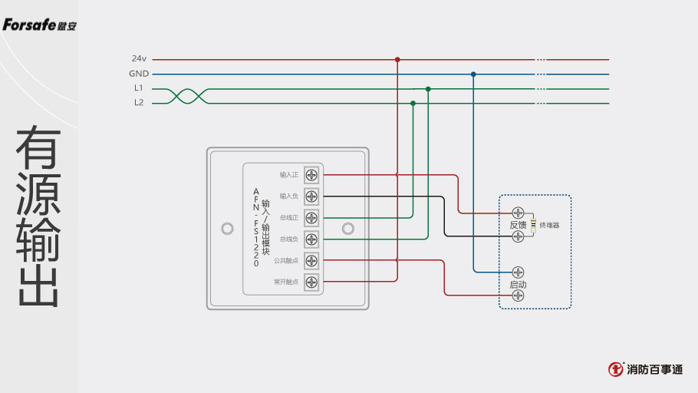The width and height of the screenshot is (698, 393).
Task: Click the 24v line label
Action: (139, 58)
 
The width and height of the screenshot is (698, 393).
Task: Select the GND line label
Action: (139, 74)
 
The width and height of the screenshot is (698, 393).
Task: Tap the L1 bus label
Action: (139, 88)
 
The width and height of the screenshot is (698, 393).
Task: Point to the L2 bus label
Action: (139, 103)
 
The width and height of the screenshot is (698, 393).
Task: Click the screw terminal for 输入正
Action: (312, 174)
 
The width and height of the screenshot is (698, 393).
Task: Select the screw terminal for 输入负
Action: (312, 196)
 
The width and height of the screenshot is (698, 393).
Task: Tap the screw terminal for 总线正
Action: (312, 217)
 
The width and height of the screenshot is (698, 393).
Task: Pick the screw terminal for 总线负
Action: (312, 239)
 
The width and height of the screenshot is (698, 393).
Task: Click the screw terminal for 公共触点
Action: (312, 260)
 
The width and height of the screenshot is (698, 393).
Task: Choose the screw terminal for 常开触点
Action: (312, 282)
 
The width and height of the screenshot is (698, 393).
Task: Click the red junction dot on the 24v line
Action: (397, 59)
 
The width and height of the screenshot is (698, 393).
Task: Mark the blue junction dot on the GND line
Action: (473, 74)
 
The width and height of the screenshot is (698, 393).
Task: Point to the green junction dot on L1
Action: (428, 89)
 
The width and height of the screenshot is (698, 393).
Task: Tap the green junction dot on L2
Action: (413, 103)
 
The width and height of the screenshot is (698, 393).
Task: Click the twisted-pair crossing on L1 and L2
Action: (189, 96)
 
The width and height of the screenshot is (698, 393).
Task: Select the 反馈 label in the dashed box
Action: (518, 225)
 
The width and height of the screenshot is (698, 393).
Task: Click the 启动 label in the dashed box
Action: (518, 285)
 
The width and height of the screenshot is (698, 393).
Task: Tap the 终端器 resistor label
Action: (549, 225)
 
